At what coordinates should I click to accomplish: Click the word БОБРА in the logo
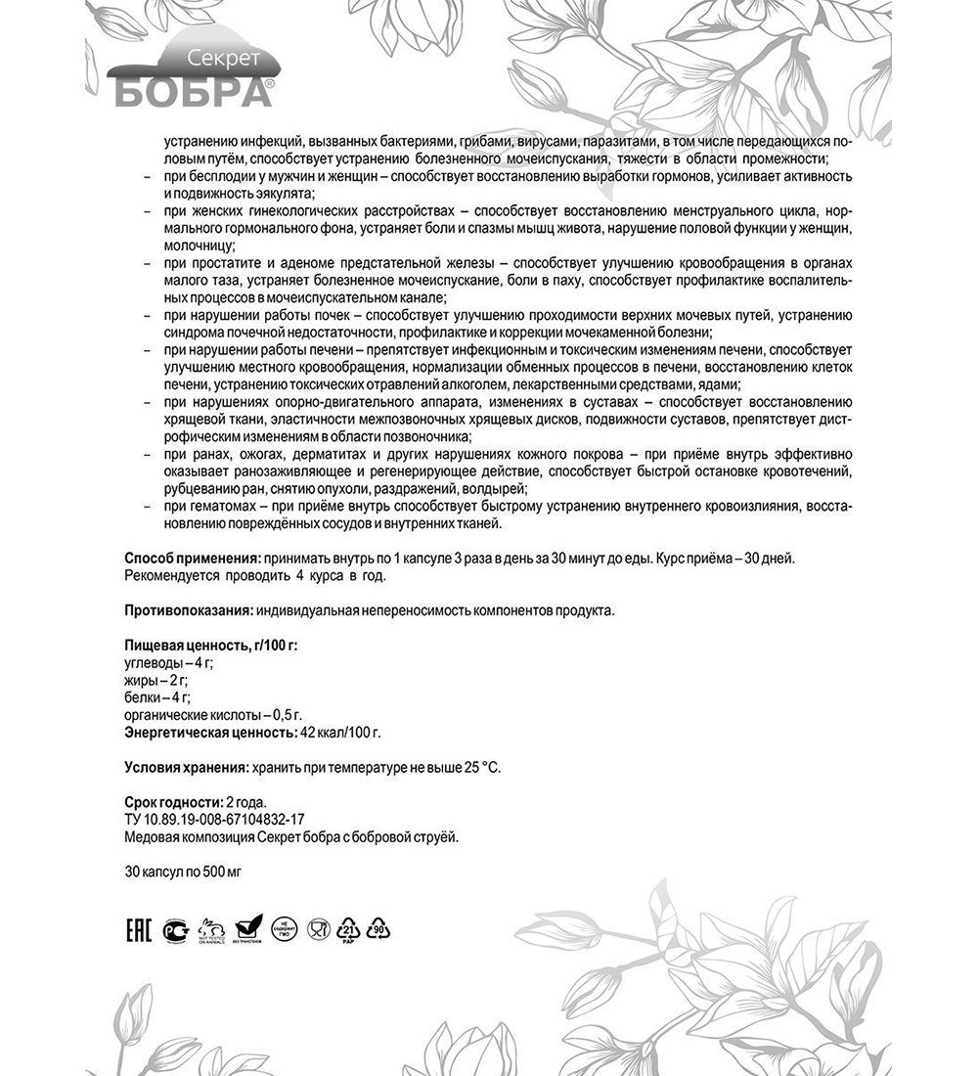[190, 92]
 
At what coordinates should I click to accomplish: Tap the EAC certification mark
[139, 927]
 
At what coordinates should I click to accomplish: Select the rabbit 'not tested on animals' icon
[211, 927]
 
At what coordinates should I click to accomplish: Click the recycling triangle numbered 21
[349, 927]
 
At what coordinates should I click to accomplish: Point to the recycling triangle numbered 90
[379, 927]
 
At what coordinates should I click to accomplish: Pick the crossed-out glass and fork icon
[317, 927]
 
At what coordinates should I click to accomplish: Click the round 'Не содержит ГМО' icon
[284, 927]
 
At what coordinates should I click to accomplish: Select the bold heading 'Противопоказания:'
[189, 610]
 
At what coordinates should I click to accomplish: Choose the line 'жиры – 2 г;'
[156, 680]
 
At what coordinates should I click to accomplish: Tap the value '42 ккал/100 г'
[340, 731]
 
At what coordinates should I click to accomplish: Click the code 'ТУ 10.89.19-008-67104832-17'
[214, 820]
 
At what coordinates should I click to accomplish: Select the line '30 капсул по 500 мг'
[183, 871]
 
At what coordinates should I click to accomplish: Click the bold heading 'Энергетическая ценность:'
[209, 731]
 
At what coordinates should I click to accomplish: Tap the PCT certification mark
[175, 927]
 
